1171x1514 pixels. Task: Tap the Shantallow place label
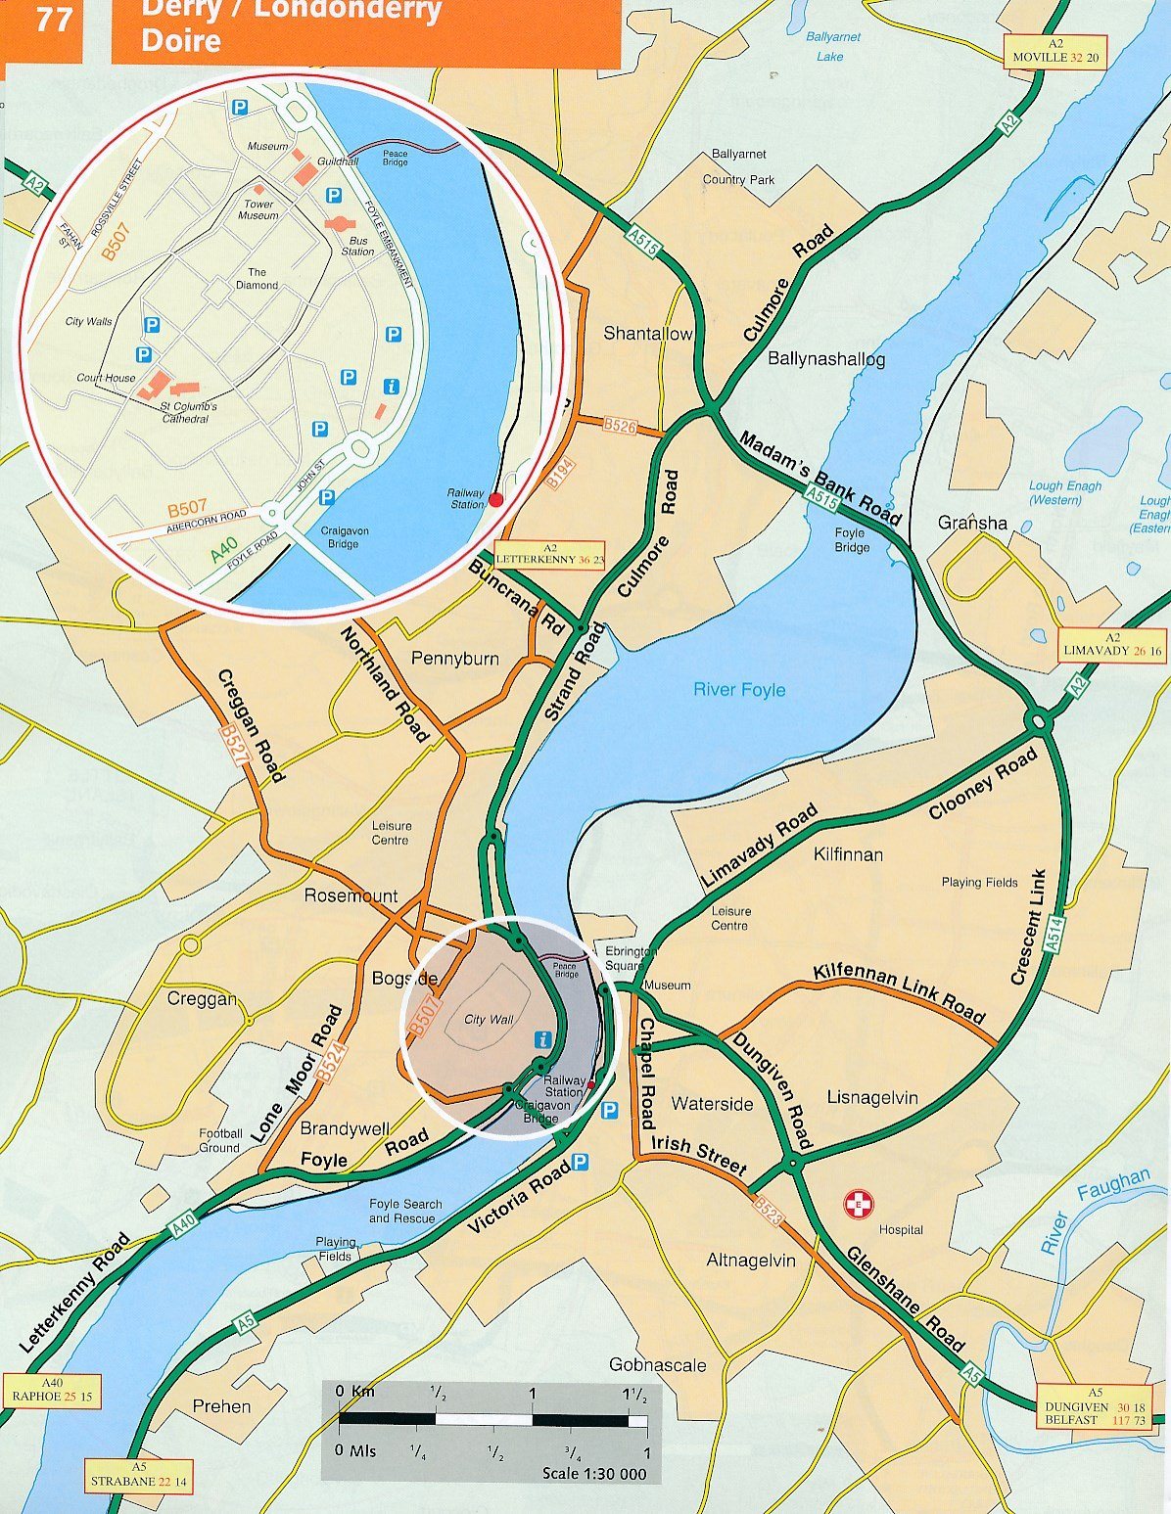647,334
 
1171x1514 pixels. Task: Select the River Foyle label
739,690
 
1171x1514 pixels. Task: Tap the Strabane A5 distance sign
138,1475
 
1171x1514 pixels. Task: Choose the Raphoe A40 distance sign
52,1390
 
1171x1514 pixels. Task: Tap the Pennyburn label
455,659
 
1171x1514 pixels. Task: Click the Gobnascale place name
657,1365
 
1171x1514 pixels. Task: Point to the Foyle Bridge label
851,540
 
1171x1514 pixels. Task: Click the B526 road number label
621,426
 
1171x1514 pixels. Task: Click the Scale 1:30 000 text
594,1473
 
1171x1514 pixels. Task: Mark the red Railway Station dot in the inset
495,500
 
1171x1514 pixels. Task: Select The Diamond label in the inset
257,279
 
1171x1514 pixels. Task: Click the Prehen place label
221,1406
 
